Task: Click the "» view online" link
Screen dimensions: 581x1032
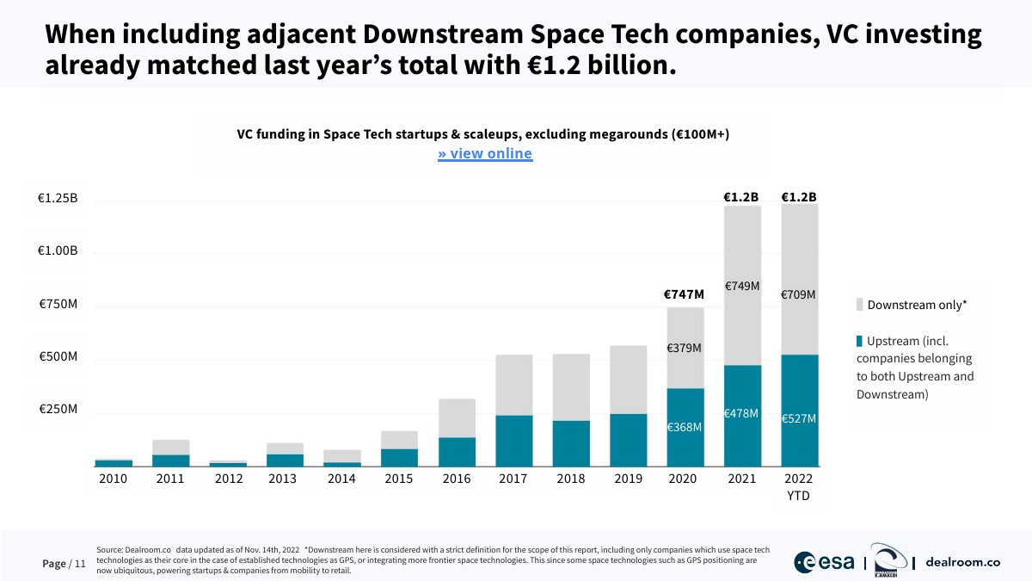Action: click(x=485, y=154)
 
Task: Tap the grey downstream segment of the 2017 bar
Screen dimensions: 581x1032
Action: click(x=513, y=385)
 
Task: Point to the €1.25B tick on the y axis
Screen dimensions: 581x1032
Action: click(x=58, y=198)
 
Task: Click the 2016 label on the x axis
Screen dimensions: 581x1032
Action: click(x=456, y=479)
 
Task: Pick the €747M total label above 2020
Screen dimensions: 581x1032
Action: click(x=684, y=294)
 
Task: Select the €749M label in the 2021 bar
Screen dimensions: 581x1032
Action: click(x=741, y=286)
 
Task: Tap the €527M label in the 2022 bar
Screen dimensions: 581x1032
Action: click(x=798, y=418)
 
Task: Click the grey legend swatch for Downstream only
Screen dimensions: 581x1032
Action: click(x=860, y=305)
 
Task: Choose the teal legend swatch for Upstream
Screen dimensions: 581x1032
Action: click(x=859, y=341)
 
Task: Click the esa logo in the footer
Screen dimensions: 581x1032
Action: click(x=824, y=562)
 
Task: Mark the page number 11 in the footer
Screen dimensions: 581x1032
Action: click(x=81, y=564)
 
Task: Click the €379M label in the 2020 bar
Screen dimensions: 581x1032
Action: click(x=685, y=349)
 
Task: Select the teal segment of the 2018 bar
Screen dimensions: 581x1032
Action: click(x=571, y=442)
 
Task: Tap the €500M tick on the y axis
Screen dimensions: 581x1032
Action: click(x=58, y=356)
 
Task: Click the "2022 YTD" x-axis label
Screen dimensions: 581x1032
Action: click(x=799, y=487)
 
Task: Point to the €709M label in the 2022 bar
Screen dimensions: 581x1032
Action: click(x=798, y=295)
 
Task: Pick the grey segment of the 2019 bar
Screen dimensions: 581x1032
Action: click(x=628, y=380)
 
